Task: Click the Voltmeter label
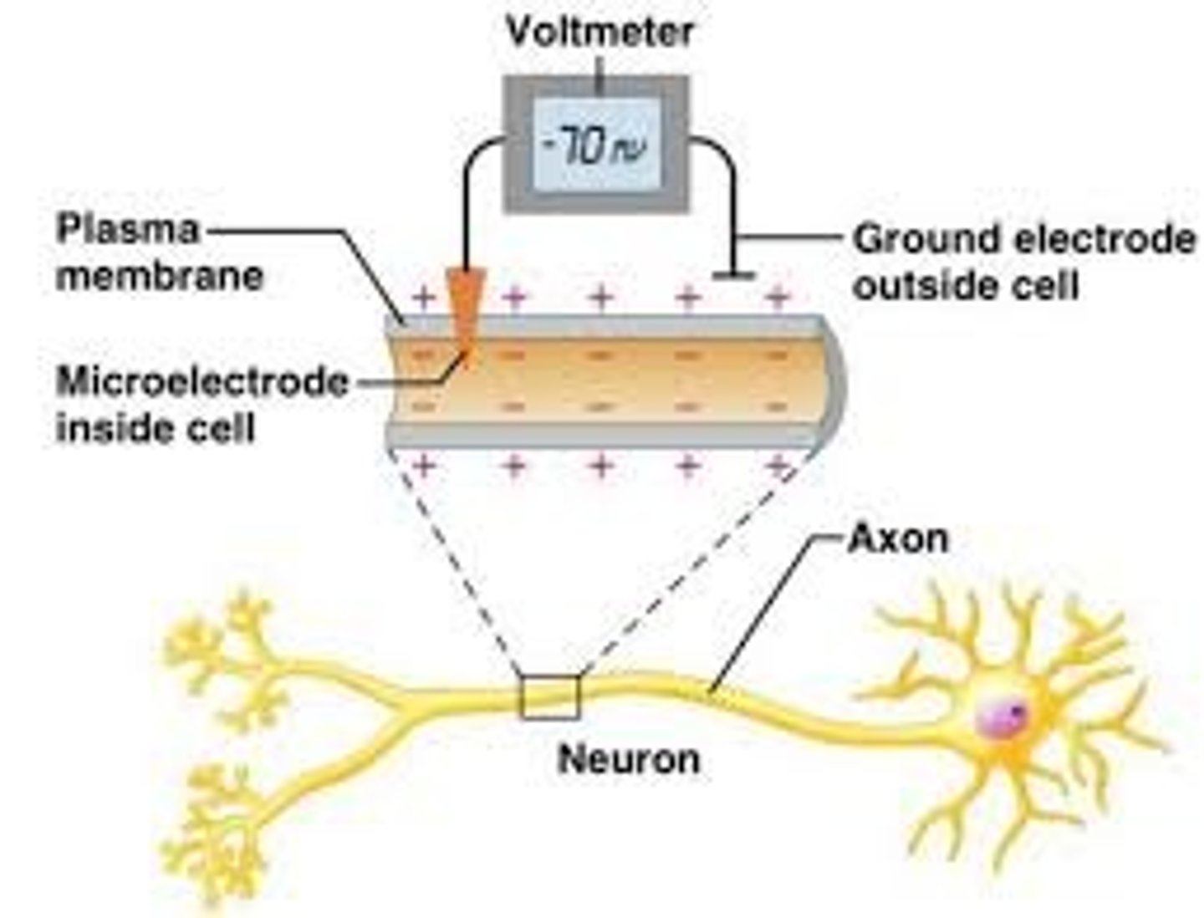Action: pyautogui.click(x=599, y=33)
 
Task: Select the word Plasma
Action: pyautogui.click(x=127, y=229)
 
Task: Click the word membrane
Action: pyautogui.click(x=159, y=275)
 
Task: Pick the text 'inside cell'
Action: pyautogui.click(x=155, y=428)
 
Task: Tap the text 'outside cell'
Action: pyautogui.click(x=965, y=286)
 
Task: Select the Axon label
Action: pyautogui.click(x=898, y=538)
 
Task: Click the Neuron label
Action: pyautogui.click(x=629, y=759)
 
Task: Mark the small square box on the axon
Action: pyautogui.click(x=548, y=697)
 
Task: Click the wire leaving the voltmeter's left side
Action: pyautogui.click(x=468, y=192)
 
